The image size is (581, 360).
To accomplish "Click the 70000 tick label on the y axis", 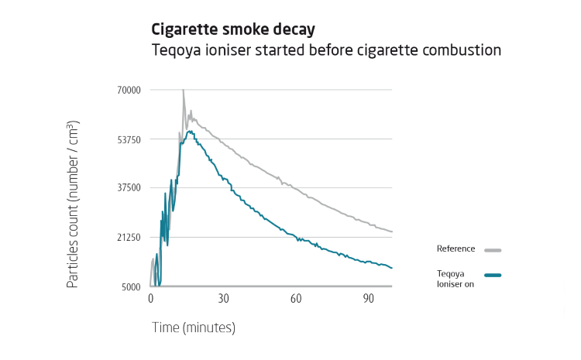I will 128,91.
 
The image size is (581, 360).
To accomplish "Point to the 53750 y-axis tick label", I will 128,139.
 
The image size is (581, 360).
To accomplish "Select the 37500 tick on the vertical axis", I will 128,188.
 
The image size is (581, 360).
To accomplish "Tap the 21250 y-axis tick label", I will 128,237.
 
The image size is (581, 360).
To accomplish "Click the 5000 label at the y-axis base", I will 130,286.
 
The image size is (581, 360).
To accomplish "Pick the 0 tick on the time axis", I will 150,299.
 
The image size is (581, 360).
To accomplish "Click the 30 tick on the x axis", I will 223,299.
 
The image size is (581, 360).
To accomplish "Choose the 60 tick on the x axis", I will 296,299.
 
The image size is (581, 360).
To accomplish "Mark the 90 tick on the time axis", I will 369,299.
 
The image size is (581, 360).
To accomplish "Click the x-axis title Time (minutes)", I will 193,327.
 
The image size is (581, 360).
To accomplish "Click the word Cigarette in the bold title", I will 183,30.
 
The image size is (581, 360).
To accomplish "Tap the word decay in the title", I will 295,30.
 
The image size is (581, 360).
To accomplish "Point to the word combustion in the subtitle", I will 462,50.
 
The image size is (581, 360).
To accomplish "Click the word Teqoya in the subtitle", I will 176,50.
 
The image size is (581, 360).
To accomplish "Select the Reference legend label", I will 457,249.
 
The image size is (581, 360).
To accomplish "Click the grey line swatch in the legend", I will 493,250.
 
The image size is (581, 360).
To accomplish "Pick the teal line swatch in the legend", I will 493,275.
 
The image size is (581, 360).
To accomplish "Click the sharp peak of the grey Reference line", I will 184,91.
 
